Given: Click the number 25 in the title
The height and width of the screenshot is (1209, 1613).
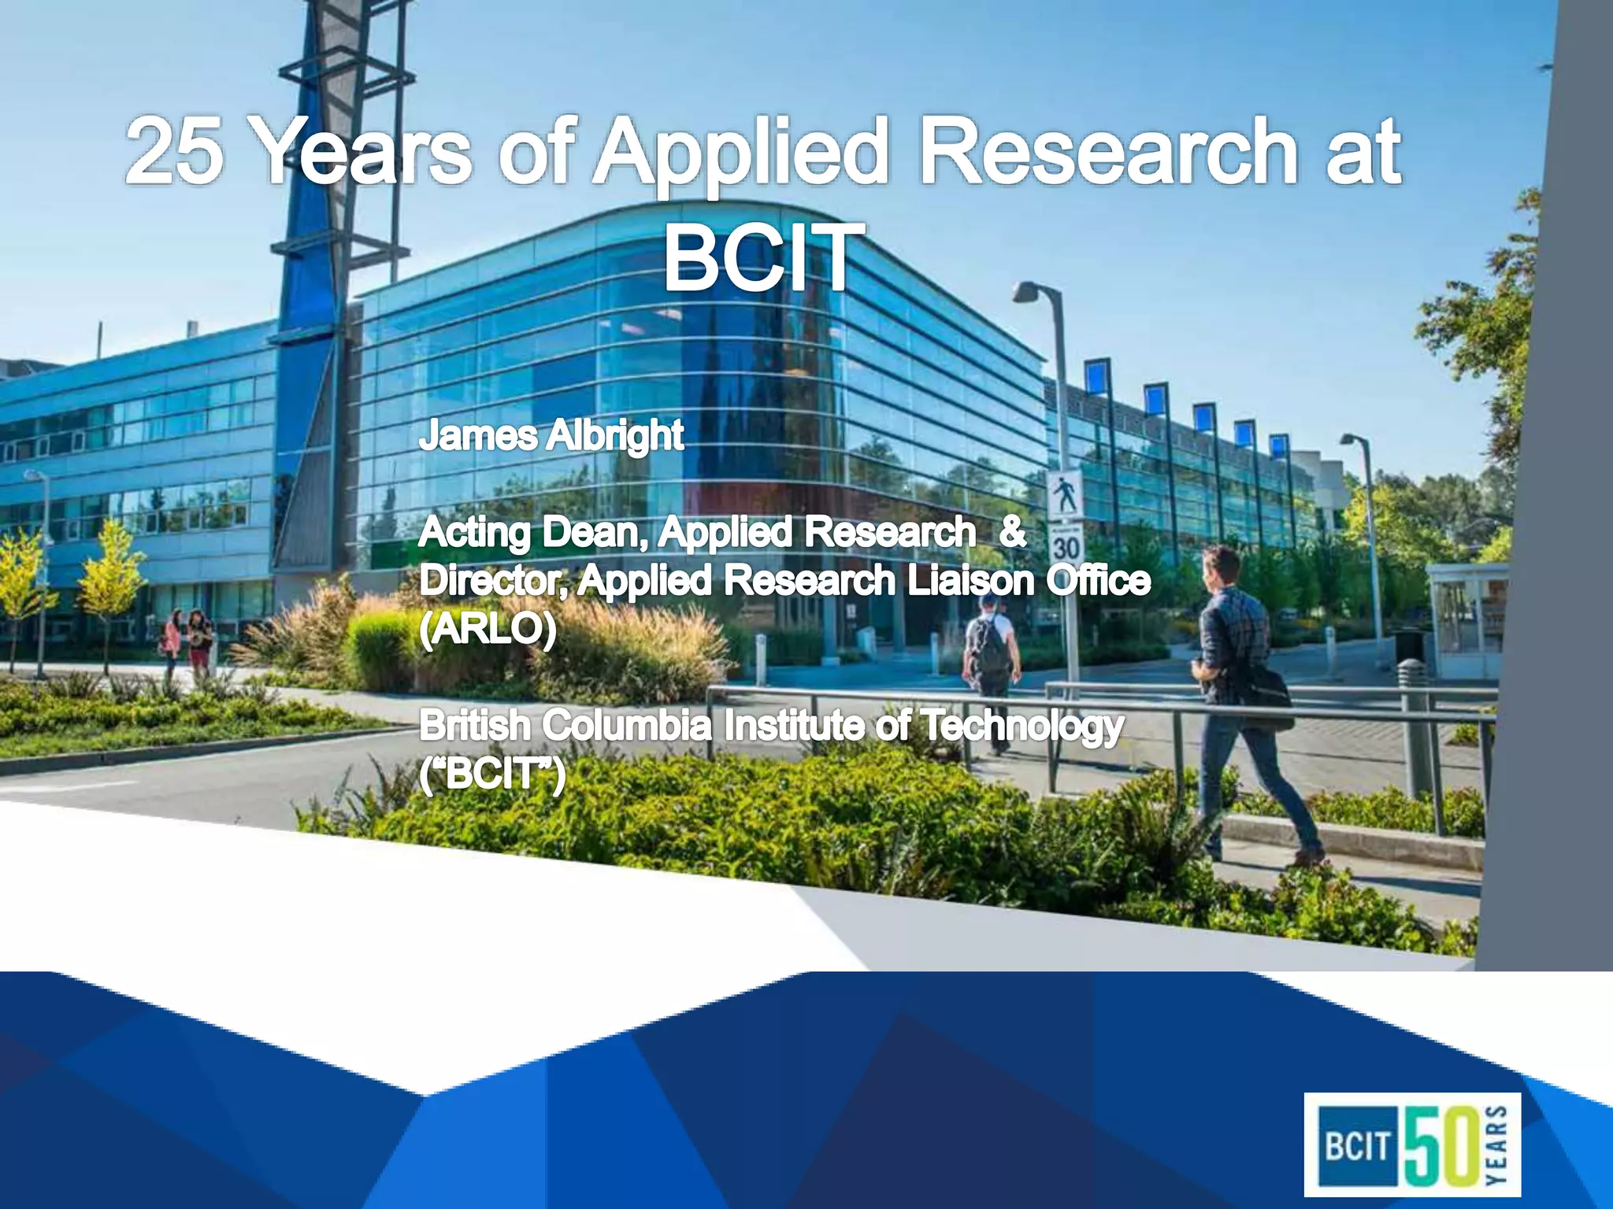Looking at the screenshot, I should point(175,151).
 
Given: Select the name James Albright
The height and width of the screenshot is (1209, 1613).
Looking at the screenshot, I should point(551,435).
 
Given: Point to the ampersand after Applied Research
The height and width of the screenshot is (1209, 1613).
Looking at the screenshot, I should point(1012,533).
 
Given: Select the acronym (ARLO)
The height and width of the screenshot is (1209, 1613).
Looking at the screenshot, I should point(488,629).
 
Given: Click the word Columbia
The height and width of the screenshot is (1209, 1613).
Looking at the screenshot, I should point(627,725).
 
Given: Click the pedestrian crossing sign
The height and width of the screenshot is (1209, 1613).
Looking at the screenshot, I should point(1065,494).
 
